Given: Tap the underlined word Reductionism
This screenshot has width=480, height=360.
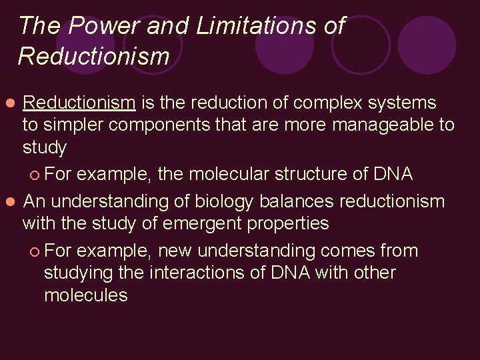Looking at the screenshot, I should (x=79, y=103).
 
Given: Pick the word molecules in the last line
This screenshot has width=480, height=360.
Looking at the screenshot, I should (x=85, y=295).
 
